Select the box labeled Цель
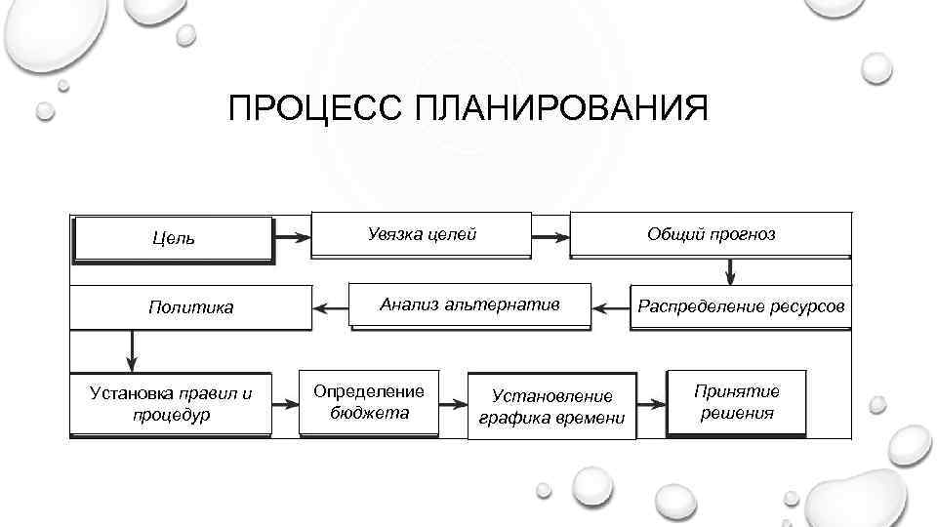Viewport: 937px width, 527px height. coord(173,238)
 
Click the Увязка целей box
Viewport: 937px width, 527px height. coord(422,234)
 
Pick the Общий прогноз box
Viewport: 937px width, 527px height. coord(711,234)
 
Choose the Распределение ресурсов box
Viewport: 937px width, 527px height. coord(741,306)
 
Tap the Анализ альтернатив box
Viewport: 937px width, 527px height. coord(470,305)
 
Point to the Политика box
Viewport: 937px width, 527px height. coord(190,307)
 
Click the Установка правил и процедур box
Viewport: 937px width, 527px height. coord(171,404)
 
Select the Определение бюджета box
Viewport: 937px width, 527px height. coord(369,401)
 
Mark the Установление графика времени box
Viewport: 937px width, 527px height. coord(552,406)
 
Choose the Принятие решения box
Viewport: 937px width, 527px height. coord(737,401)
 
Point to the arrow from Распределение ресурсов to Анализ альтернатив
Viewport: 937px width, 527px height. coord(612,308)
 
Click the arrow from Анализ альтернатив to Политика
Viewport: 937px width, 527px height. coord(331,308)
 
